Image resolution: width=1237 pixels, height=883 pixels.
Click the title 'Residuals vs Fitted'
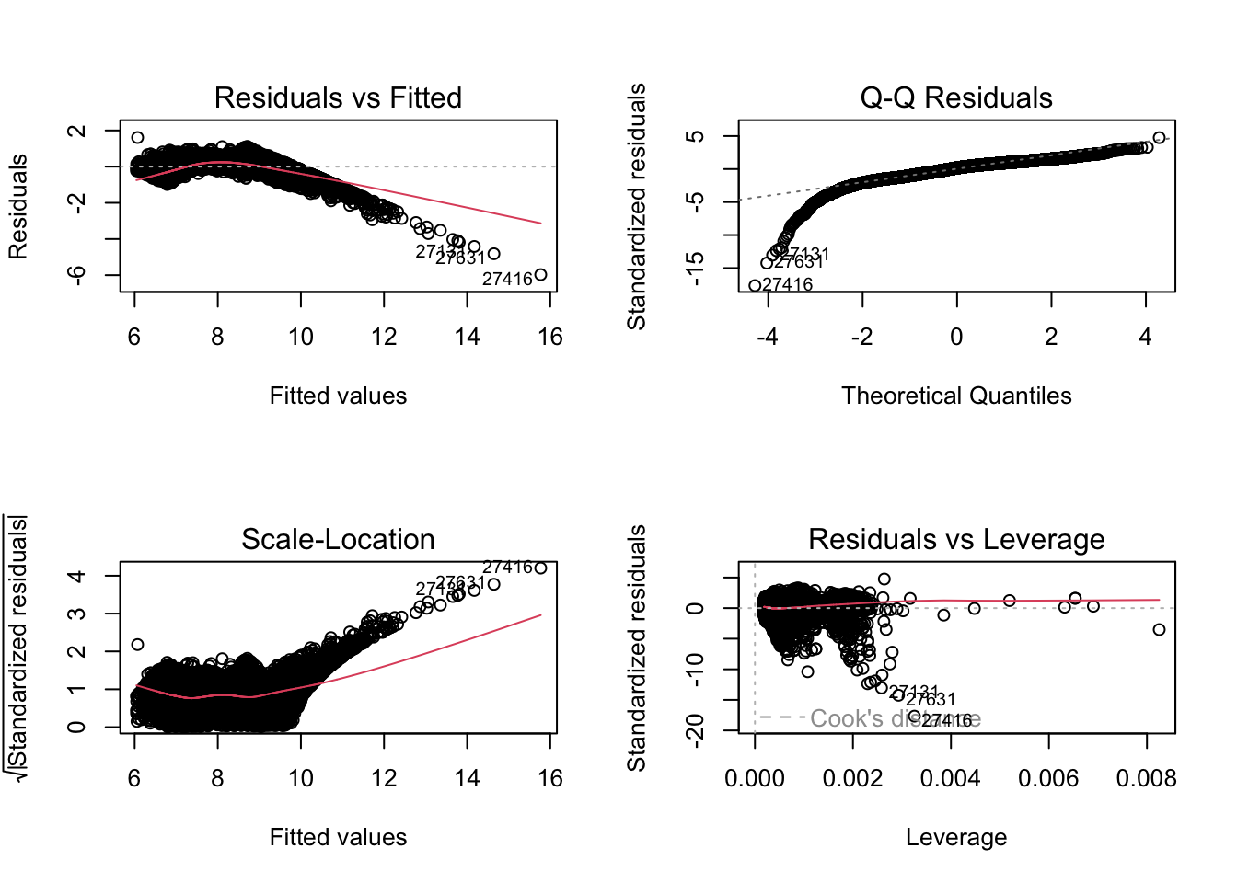coord(338,97)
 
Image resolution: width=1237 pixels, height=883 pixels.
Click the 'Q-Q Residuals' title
coord(956,97)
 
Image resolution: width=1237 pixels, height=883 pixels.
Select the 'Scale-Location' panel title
coord(338,539)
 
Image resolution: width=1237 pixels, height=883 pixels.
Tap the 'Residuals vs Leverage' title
coord(956,539)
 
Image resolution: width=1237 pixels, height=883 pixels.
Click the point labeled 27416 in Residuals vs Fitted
coord(540,274)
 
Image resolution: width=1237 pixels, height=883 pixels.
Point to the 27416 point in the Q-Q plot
coord(756,285)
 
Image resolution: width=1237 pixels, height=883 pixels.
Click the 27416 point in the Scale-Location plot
coord(540,568)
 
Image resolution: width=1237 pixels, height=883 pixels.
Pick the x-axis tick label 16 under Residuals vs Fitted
coord(550,338)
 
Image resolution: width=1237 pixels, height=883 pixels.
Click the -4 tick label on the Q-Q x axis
coord(767,338)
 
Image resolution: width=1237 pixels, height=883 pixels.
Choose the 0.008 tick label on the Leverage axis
coord(1146,779)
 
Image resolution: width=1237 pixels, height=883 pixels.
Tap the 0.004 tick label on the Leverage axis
coord(950,779)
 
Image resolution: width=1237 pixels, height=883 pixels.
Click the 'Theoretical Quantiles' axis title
coord(956,396)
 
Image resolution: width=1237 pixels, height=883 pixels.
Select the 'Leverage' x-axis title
coord(956,837)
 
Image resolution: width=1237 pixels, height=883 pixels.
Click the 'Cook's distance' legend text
coord(895,718)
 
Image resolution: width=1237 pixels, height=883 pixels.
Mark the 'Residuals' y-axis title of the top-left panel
coord(18,206)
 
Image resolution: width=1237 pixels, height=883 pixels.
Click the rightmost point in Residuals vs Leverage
coord(1159,629)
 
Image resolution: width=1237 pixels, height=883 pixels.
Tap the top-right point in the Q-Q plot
coord(1159,138)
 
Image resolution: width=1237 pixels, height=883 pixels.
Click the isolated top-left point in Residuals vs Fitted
coord(138,138)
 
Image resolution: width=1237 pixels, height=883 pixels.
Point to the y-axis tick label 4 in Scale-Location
coord(77,577)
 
